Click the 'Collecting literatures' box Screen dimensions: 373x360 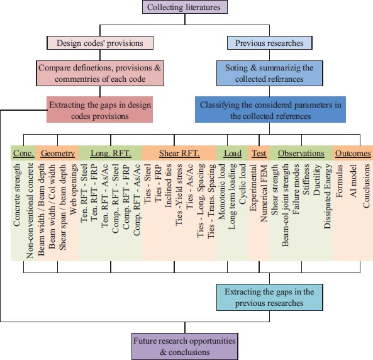pyautogui.click(x=185, y=7)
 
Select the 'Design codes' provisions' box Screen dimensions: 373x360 pyautogui.click(x=100, y=43)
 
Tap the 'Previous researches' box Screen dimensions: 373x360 pyautogui.click(x=269, y=43)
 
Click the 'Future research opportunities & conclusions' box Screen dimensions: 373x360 pyautogui.click(x=185, y=346)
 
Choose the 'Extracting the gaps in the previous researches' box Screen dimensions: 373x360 pyautogui.click(x=269, y=298)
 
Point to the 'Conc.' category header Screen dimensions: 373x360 pyautogui.click(x=24, y=154)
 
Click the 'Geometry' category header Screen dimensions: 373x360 pyautogui.click(x=58, y=154)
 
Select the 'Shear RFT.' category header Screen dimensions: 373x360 pyautogui.click(x=179, y=154)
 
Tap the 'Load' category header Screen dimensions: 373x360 pyautogui.click(x=233, y=154)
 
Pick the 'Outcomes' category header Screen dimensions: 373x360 pyautogui.click(x=353, y=154)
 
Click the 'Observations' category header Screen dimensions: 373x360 pyautogui.click(x=301, y=154)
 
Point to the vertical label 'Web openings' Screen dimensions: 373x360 pyautogui.click(x=74, y=189)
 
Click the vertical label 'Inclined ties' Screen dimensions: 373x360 pyautogui.click(x=168, y=186)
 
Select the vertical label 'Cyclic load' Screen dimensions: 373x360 pyautogui.click(x=242, y=184)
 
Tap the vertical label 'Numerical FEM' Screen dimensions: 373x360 pyautogui.click(x=264, y=193)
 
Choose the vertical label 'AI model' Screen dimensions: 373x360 pyautogui.click(x=354, y=181)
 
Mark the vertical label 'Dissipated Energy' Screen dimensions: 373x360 pyautogui.click(x=328, y=196)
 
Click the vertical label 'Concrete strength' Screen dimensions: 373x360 pyautogui.click(x=17, y=195)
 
